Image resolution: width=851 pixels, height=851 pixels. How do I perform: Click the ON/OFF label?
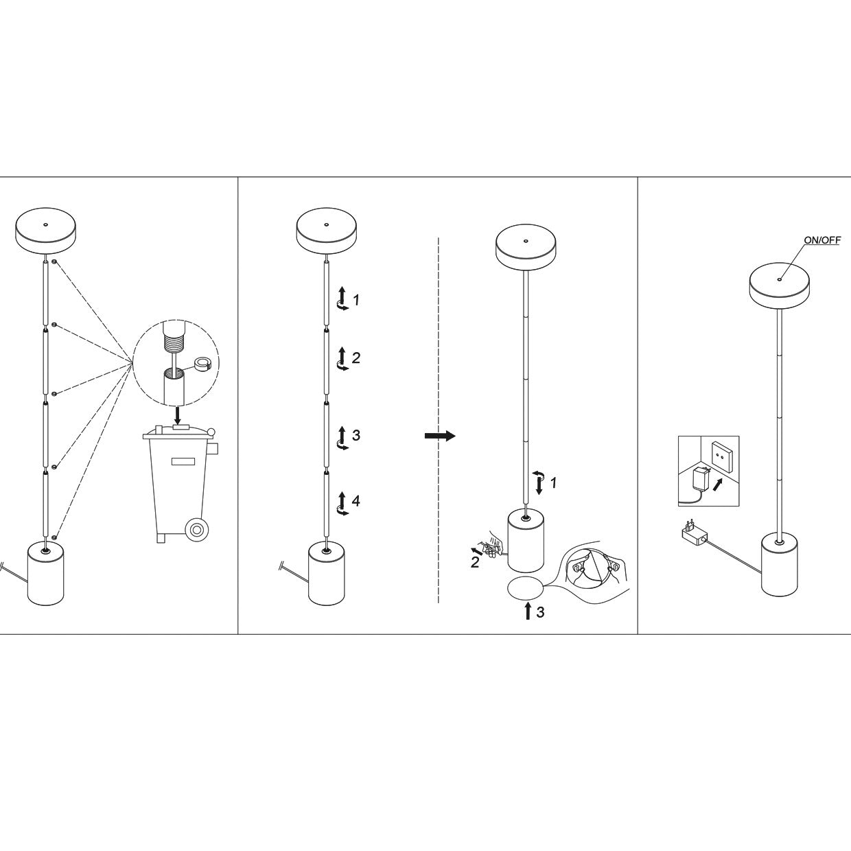822,240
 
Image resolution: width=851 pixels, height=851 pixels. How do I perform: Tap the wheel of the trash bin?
198,530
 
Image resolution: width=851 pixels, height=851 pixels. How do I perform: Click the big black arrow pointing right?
440,436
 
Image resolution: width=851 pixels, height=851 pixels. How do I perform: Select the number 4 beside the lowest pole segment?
355,501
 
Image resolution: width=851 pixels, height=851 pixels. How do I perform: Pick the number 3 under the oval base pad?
540,612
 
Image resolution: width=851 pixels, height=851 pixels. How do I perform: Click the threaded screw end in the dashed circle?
174,338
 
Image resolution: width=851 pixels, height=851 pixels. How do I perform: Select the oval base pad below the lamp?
525,587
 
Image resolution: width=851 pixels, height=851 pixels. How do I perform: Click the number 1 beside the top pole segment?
355,300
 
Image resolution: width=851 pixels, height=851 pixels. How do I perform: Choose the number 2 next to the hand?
474,563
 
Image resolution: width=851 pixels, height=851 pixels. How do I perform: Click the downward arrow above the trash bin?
178,413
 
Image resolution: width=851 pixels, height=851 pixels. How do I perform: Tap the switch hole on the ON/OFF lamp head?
780,279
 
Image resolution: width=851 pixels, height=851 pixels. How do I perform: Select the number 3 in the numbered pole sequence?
355,435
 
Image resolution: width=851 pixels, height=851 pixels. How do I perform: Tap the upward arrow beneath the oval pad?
527,610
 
